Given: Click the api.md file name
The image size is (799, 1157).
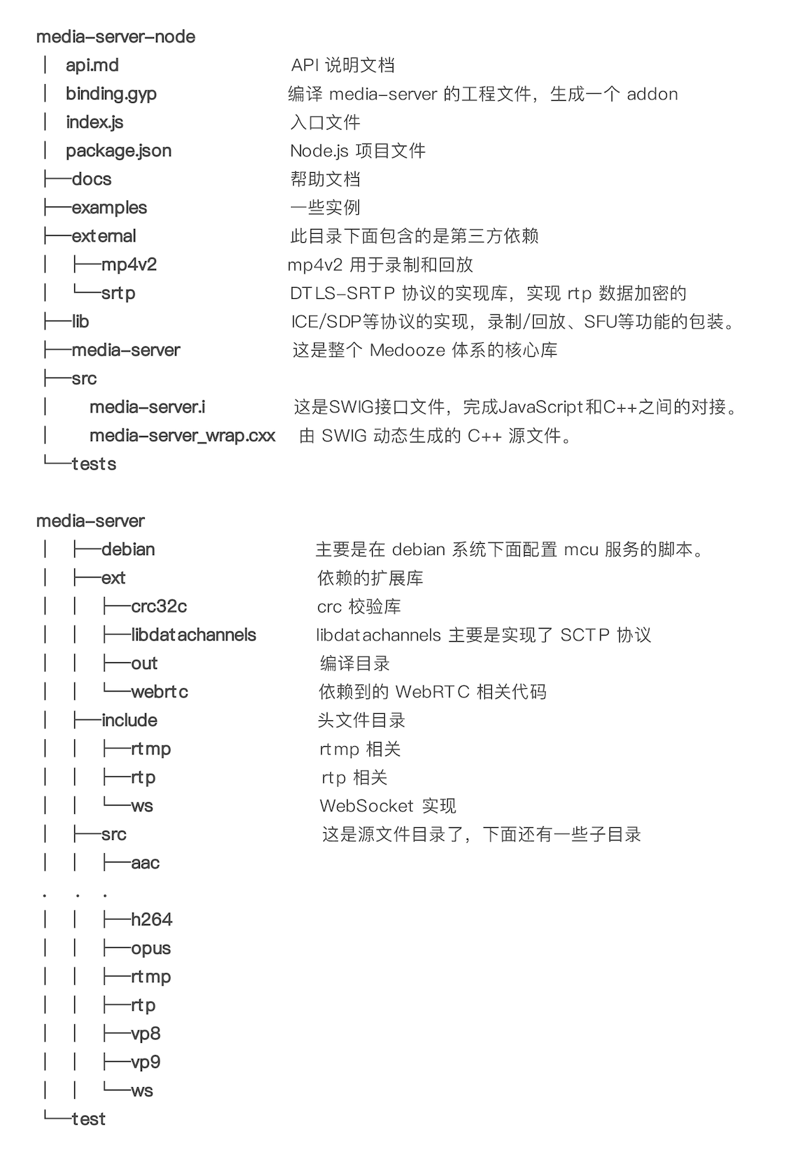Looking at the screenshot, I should tap(92, 65).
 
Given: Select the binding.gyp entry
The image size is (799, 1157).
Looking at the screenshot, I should tap(111, 94).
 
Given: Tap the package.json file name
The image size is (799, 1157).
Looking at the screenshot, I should tap(118, 150).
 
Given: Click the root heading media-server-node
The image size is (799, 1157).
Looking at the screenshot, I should tap(115, 36).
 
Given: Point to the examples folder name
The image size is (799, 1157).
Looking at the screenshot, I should tap(109, 208).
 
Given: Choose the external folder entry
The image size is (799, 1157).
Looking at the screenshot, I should tap(104, 237).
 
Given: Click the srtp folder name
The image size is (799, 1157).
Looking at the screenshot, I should tap(118, 293).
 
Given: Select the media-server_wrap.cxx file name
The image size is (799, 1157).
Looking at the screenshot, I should tap(182, 436).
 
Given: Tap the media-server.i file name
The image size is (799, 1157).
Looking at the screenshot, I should tap(147, 407).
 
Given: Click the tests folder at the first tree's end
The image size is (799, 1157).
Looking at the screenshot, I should tap(94, 464).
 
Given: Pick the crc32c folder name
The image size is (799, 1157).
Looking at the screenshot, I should tap(159, 607).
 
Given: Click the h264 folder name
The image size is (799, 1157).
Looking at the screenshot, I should tap(151, 920).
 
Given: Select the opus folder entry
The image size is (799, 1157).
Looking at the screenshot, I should tap(150, 949).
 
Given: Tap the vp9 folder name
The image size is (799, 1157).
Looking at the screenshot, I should tap(146, 1063).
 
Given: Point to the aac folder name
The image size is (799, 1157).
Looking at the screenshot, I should tap(145, 863).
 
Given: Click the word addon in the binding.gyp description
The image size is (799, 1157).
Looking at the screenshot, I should tap(652, 94).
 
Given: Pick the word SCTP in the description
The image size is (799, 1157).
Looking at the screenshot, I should tap(585, 636).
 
